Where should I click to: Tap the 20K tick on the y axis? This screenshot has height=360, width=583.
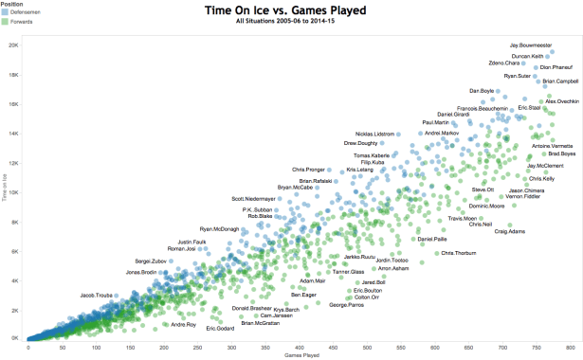[14, 45]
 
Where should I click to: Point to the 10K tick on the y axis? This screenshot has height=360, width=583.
[14, 191]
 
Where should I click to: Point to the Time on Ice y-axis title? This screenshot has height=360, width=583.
[4, 190]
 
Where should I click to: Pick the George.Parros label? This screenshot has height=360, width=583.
[346, 304]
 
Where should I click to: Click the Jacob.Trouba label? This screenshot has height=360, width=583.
[98, 294]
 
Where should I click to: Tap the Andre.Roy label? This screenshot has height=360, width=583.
[183, 325]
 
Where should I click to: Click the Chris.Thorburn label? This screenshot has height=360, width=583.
[459, 253]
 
